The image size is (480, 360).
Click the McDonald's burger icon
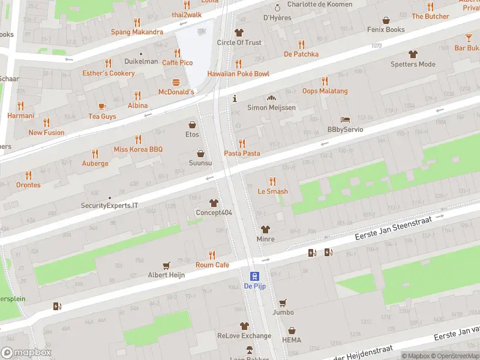(176, 82)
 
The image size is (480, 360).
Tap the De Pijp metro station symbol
(254, 276)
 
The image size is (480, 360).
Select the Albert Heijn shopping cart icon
(167, 265)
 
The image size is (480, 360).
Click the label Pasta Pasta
(242, 154)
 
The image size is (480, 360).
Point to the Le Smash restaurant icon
(272, 181)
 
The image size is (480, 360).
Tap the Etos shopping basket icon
(192, 125)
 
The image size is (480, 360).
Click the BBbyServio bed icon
(345, 119)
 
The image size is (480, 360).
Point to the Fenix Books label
(386, 29)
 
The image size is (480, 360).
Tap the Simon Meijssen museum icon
(271, 97)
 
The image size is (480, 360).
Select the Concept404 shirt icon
(214, 203)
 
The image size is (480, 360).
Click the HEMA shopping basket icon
(292, 330)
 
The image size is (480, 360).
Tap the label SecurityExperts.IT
(109, 205)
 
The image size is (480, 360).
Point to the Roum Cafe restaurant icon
(212, 255)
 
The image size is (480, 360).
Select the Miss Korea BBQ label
(138, 149)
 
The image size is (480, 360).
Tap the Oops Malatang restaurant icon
(325, 81)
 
